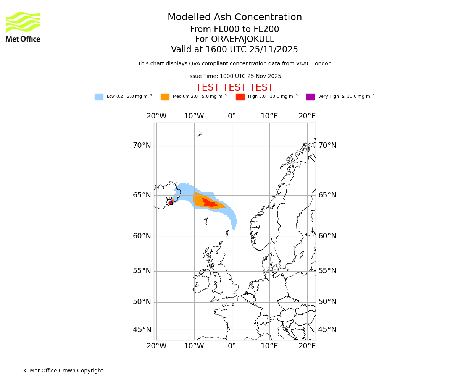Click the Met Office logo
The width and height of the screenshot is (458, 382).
(x=23, y=27)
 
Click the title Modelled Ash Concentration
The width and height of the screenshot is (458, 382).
(x=234, y=18)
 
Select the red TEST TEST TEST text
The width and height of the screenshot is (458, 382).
(x=234, y=88)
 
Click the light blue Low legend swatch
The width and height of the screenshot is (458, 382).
(x=99, y=97)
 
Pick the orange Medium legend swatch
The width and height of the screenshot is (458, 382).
(x=165, y=97)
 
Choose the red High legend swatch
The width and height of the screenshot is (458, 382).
(x=240, y=97)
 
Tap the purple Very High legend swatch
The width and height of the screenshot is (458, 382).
(x=310, y=97)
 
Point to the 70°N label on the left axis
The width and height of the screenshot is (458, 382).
(x=142, y=146)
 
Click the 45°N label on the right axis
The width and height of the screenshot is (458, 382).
(x=327, y=330)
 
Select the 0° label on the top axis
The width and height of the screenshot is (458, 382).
(x=232, y=116)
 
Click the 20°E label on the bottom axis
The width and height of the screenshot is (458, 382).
(x=307, y=346)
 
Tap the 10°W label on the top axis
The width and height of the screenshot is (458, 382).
(x=194, y=116)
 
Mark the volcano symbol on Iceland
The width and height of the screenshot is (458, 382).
(x=169, y=202)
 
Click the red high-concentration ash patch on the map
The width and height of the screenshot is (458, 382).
(x=210, y=203)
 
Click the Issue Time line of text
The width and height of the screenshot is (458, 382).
(x=234, y=76)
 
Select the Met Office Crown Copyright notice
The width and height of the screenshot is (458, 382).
(x=63, y=371)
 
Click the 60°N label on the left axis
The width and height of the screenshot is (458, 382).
(x=142, y=236)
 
